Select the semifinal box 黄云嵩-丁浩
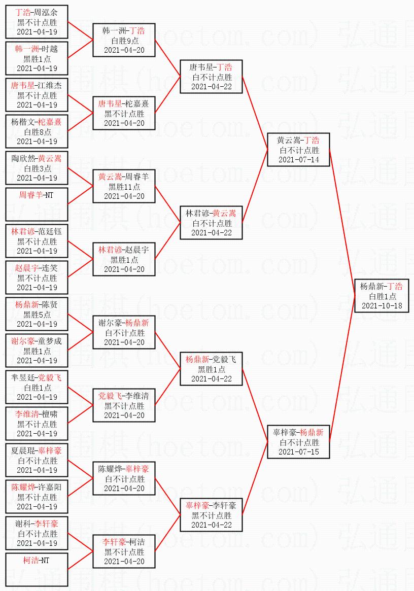(298, 150)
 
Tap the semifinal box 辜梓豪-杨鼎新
(298, 442)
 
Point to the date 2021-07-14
(298, 160)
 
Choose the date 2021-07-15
(298, 451)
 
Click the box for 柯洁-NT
(37, 570)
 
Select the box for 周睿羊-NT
(37, 204)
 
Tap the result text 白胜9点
(124, 41)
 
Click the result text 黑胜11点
(124, 187)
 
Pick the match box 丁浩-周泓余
(37, 22)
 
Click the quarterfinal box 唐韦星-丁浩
(211, 77)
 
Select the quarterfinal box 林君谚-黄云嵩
(211, 223)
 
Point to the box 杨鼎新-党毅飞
(211, 369)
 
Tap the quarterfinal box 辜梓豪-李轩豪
(211, 515)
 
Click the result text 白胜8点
(37, 132)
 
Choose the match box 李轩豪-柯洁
(124, 551)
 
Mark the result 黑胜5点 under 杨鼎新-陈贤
(37, 315)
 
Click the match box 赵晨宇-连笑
(37, 277)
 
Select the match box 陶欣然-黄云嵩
(37, 168)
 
